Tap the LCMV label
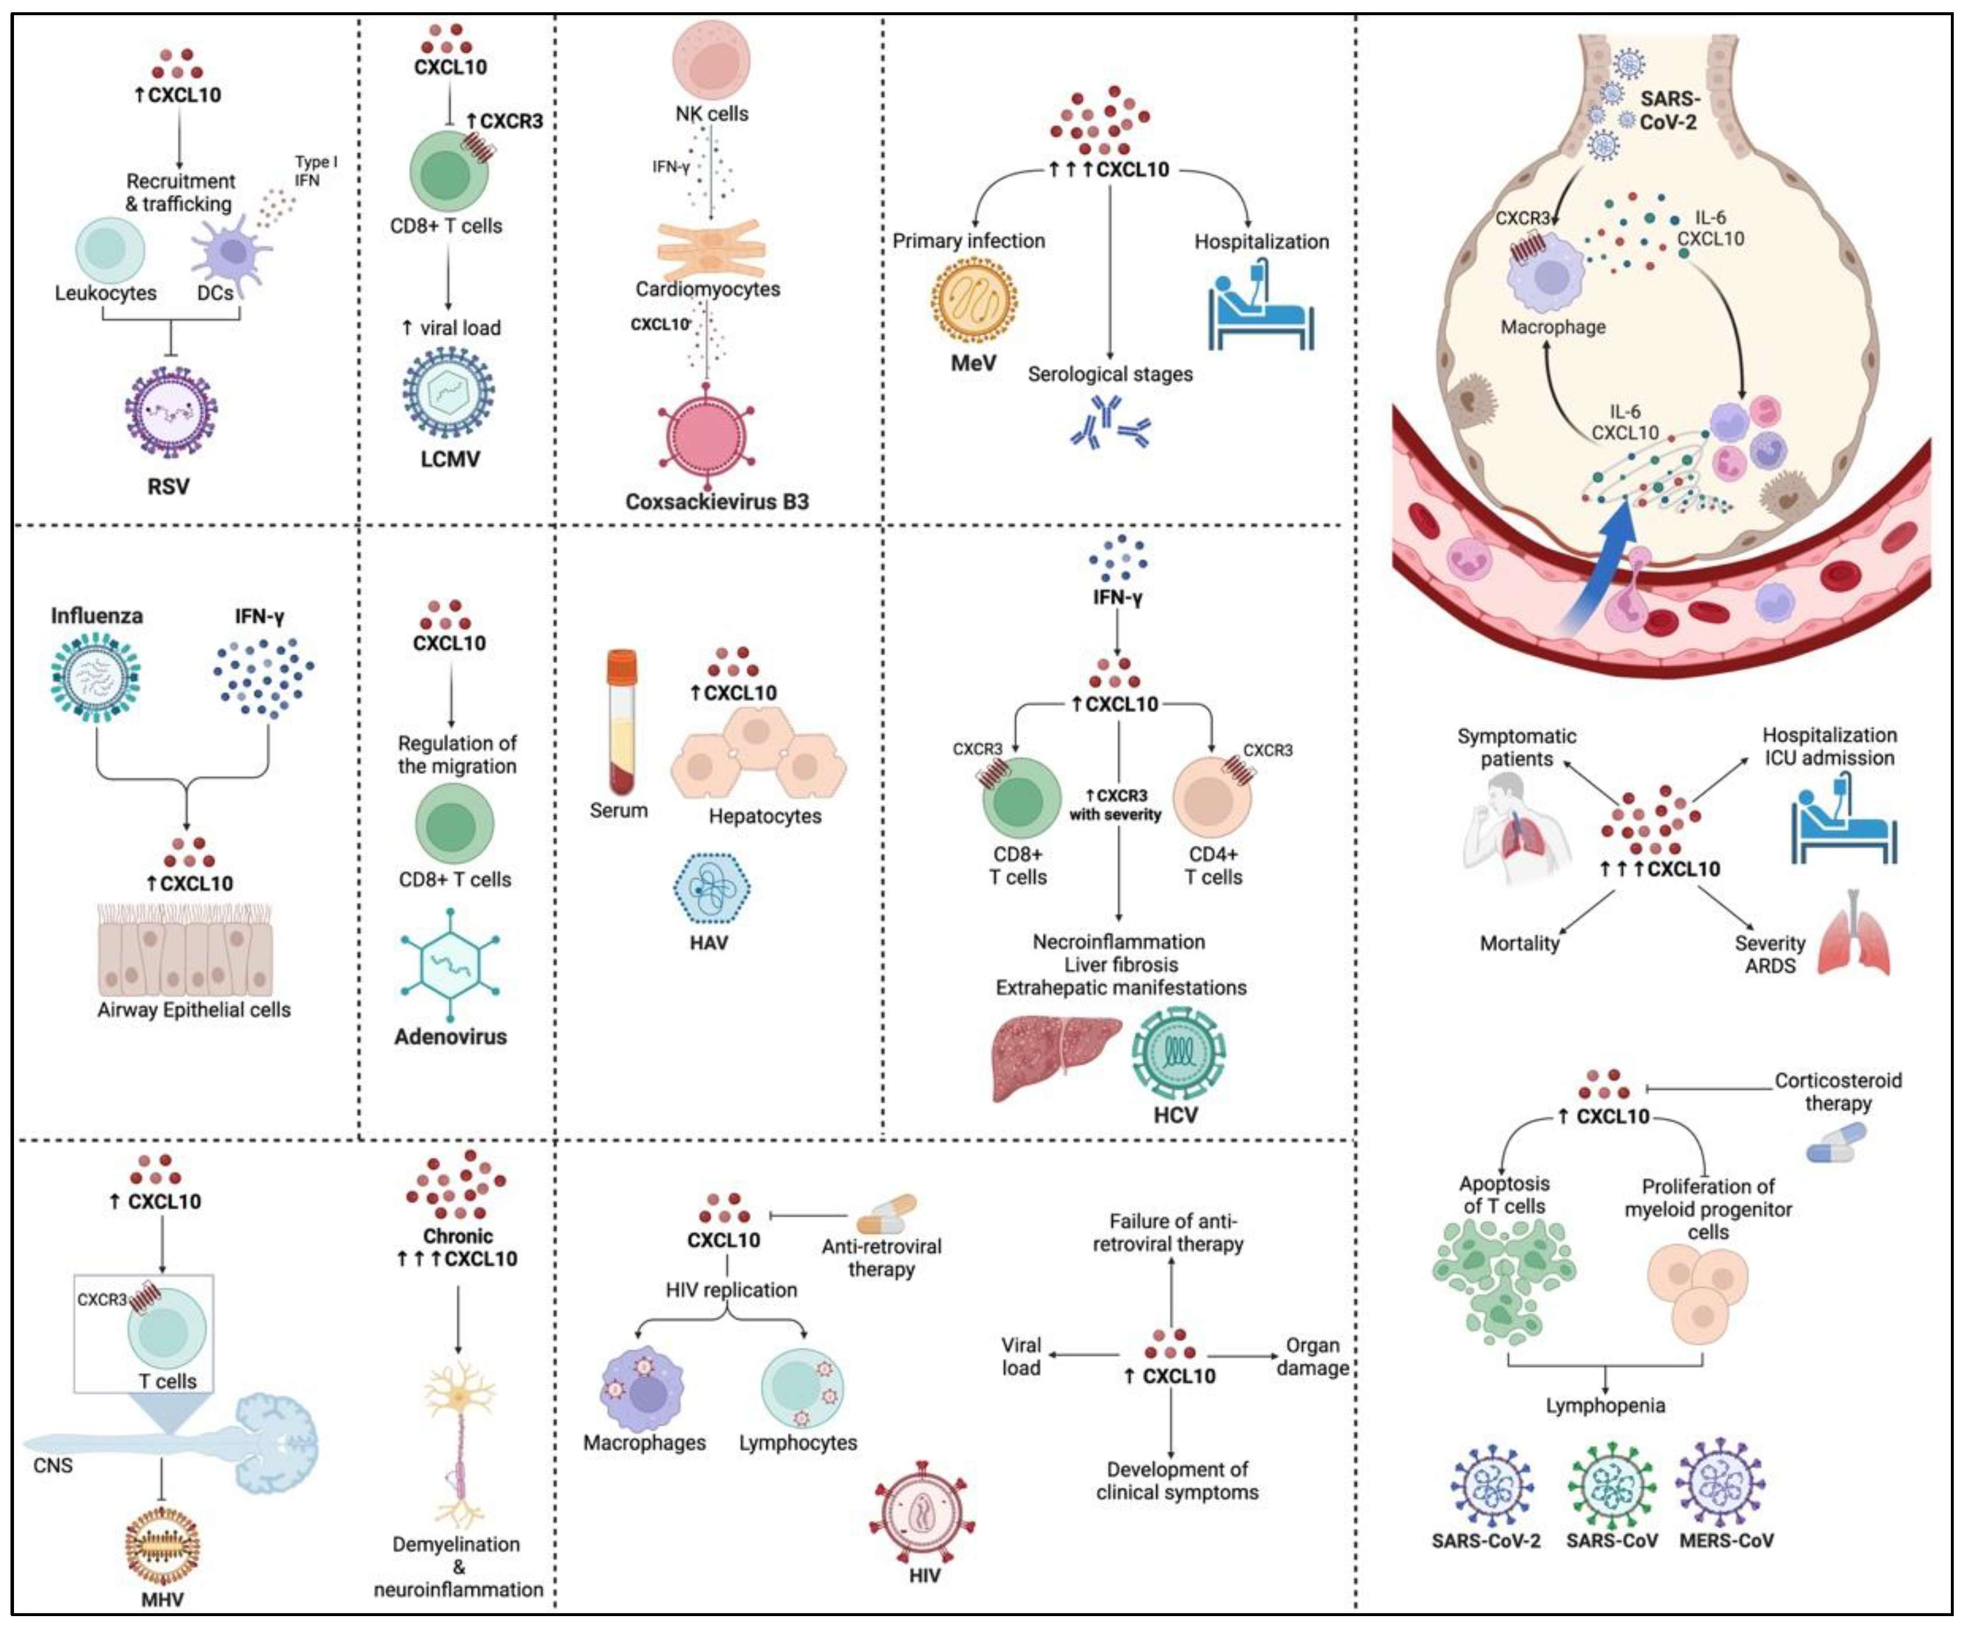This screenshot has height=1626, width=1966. [449, 459]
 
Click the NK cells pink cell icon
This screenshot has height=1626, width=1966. [711, 59]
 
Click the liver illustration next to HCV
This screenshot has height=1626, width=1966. [1055, 1058]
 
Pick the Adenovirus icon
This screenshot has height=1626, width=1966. [449, 964]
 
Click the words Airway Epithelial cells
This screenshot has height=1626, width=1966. [194, 1010]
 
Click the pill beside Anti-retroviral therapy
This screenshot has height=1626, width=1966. [885, 1214]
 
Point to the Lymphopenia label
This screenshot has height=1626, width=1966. [1605, 1406]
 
